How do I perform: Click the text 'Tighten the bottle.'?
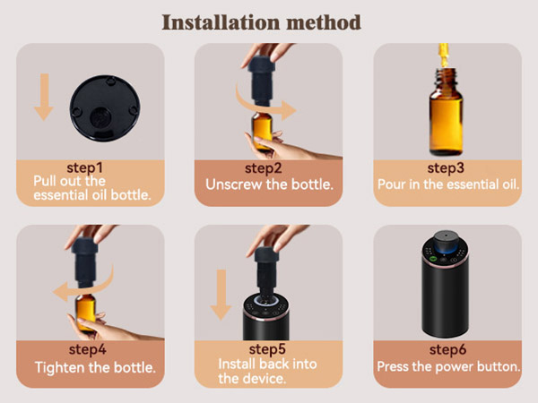point(95,368)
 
